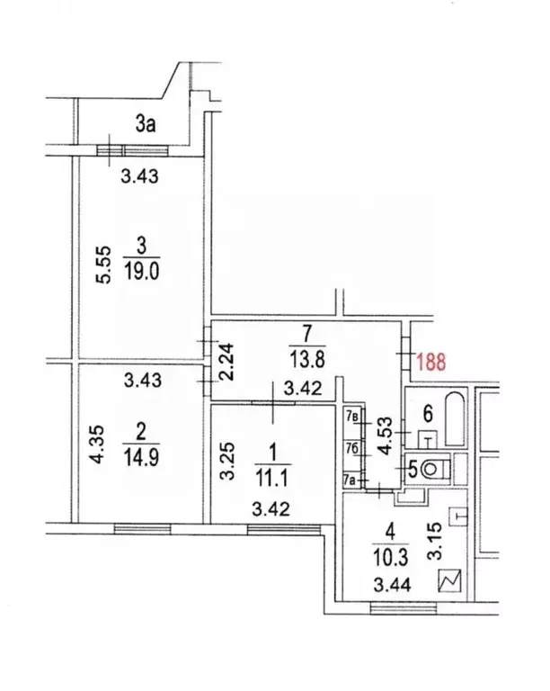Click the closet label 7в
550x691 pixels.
(352, 417)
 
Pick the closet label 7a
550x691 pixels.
(352, 480)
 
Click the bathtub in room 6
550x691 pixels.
(454, 417)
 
